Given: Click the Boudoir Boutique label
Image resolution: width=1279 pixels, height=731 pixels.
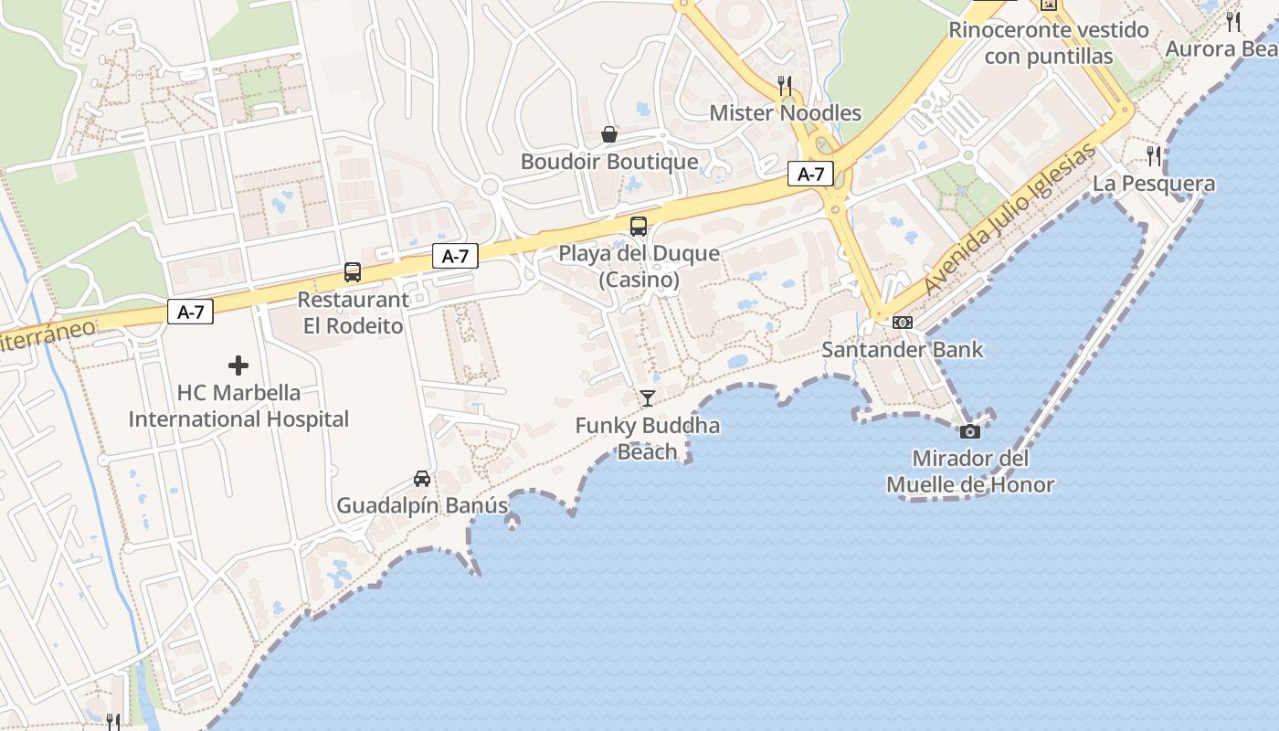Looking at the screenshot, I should coord(609,162).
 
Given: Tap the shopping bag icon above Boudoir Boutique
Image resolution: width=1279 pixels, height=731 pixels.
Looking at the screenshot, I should coord(609,135).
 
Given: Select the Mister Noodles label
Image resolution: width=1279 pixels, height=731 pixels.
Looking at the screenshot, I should coord(786,112).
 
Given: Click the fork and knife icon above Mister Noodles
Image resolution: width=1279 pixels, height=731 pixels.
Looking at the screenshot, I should coord(785,86).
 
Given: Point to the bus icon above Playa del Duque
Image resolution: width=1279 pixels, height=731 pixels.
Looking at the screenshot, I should coord(639,227).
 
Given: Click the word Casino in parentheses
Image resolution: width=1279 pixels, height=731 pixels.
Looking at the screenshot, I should coord(639,280).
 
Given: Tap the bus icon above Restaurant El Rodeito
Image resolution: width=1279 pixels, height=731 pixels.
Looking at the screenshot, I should coord(353,272).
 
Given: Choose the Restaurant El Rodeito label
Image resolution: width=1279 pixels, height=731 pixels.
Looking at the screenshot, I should coord(353,313).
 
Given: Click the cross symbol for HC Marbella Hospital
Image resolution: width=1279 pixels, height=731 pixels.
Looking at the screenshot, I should coord(238,366).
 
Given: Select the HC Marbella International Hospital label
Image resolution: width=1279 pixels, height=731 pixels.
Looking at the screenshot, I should coord(238,407).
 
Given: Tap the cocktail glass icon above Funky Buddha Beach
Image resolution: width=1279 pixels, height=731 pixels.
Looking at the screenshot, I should coord(648,397).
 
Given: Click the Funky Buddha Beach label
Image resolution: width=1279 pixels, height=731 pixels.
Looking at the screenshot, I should coord(648,439).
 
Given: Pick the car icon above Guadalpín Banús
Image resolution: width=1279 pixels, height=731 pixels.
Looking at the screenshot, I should coord(422,479).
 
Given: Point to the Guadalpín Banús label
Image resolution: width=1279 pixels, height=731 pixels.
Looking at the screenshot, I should coord(422,505).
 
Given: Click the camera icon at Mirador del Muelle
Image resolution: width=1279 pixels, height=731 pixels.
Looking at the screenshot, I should coord(970,431).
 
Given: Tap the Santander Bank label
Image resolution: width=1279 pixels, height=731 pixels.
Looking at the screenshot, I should coord(903,349).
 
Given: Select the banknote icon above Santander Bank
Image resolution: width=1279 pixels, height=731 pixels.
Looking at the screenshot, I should coord(903,322).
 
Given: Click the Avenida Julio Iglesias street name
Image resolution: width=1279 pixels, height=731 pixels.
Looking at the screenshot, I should coord(1009,221).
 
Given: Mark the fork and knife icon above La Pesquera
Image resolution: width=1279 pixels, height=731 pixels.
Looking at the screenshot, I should coord(1155,156).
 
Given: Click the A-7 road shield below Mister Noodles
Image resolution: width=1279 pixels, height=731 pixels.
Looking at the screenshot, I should coord(810,175).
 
